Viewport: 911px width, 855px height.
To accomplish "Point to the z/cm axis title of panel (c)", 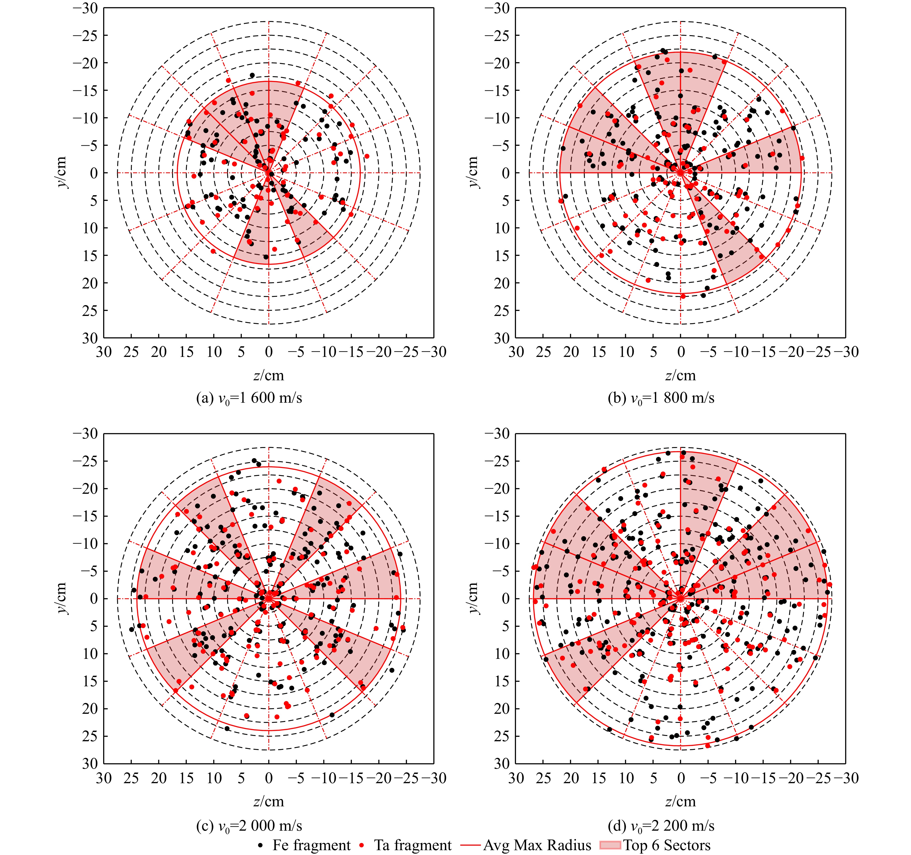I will [268, 802].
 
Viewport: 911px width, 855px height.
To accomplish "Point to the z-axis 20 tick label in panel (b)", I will [571, 352].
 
